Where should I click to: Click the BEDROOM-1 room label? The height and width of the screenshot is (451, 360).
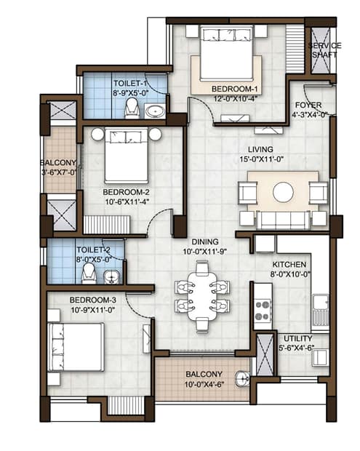(x=234, y=89)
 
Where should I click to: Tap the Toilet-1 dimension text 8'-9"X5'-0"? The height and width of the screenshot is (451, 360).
(x=130, y=93)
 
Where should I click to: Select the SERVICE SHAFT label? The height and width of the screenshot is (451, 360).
(x=324, y=49)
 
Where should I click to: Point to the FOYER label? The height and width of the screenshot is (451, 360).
(x=308, y=105)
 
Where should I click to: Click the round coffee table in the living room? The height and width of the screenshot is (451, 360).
(x=283, y=192)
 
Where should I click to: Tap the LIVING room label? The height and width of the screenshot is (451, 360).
(x=260, y=150)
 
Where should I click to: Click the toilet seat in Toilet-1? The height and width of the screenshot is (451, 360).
(x=132, y=108)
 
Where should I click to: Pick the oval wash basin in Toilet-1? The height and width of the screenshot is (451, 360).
(x=155, y=111)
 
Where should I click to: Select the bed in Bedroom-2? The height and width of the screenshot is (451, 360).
(x=127, y=156)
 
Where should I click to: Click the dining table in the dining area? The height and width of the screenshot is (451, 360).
(x=202, y=296)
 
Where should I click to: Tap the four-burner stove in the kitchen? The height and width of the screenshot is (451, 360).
(x=263, y=311)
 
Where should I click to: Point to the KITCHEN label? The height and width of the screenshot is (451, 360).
(x=289, y=265)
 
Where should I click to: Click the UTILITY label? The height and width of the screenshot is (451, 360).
(x=298, y=338)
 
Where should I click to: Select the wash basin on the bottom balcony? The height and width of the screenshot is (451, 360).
(x=243, y=379)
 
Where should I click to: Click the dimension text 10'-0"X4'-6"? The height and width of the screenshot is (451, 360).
(x=204, y=384)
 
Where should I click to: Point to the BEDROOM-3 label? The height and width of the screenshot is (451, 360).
(x=93, y=300)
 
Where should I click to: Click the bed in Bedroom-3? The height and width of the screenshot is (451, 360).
(x=76, y=347)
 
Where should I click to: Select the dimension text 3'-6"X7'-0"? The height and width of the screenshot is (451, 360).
(x=59, y=172)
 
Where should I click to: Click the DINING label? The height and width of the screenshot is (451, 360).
(x=205, y=242)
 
